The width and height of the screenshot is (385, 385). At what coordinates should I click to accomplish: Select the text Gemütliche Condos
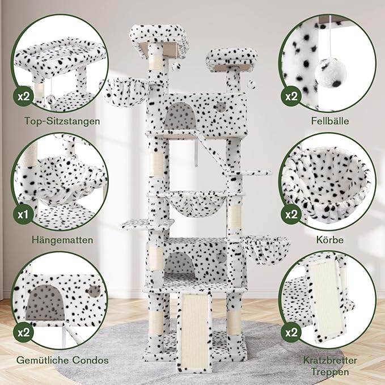pyautogui.click(x=63, y=360)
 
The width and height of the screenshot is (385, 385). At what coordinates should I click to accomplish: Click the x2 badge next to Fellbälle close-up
pyautogui.click(x=291, y=96)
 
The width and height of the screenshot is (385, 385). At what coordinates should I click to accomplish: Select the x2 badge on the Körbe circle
pyautogui.click(x=291, y=215)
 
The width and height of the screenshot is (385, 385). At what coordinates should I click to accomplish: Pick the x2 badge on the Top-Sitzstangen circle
pyautogui.click(x=23, y=96)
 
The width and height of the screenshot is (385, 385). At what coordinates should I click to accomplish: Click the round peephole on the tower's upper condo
pyautogui.click(x=220, y=106)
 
